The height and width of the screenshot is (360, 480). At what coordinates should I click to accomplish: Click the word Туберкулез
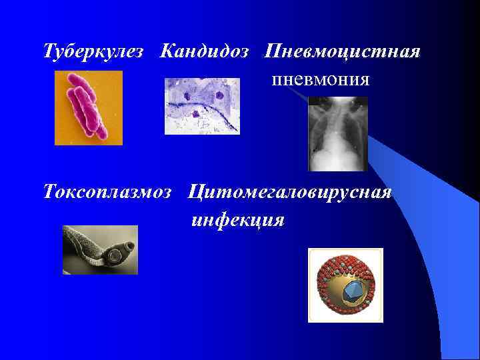point(93,51)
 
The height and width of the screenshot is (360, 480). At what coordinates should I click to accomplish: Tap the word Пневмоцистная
point(342,51)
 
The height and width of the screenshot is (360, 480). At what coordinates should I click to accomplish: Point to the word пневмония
point(320,80)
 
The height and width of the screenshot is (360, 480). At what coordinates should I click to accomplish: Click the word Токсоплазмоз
point(107,193)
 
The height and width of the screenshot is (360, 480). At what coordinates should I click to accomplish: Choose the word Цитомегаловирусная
point(290,193)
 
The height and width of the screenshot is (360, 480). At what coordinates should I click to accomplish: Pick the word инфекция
point(237,220)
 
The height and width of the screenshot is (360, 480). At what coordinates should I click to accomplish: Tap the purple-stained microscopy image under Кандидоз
point(202,106)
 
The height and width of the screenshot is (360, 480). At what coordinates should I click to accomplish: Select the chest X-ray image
point(338,133)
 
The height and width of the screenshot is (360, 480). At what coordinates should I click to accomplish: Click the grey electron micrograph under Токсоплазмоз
point(100,249)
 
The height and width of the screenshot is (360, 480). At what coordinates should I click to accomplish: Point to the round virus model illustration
point(345,285)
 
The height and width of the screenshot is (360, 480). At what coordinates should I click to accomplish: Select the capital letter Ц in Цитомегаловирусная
point(195,193)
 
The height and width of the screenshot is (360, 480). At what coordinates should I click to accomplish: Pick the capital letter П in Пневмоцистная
point(272,51)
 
